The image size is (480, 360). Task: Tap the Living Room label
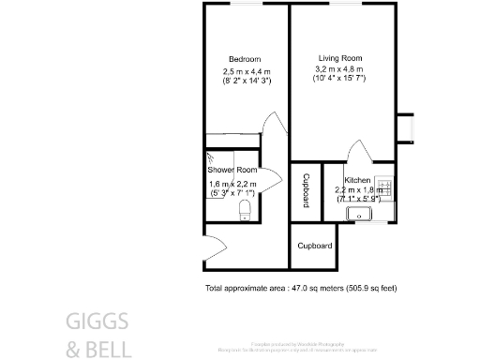337,58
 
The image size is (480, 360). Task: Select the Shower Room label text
232,170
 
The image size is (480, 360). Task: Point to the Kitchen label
357,180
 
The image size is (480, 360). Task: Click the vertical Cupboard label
306,191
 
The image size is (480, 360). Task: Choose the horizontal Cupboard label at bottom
315,247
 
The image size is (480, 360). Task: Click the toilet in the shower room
245,210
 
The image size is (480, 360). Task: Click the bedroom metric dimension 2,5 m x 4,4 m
246,72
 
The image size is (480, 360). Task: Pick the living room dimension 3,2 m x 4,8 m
338,68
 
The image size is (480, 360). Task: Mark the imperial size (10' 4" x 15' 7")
338,78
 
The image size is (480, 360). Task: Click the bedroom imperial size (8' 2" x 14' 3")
246,82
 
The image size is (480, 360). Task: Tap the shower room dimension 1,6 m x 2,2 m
232,185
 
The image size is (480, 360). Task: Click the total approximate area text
300,288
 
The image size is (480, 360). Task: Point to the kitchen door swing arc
357,153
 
